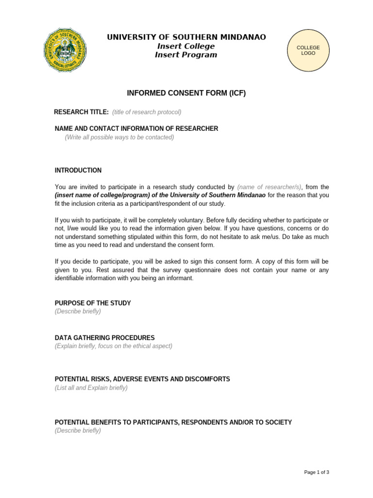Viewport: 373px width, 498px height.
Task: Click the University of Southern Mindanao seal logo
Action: [x=65, y=50]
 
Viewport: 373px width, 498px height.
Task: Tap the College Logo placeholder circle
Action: [x=308, y=50]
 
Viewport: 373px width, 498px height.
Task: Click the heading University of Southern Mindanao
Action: [x=186, y=37]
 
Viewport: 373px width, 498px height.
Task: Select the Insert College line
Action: [x=186, y=46]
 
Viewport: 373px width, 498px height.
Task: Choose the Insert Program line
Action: [x=186, y=55]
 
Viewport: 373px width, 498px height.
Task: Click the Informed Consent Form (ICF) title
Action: [x=186, y=93]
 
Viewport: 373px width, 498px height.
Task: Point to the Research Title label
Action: [x=81, y=112]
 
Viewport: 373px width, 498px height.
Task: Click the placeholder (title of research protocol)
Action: [x=147, y=112]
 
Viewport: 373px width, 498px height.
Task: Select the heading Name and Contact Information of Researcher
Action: [x=136, y=128]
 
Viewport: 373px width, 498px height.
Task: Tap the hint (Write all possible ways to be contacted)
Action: [x=119, y=137]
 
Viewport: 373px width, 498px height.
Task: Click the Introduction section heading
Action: [x=78, y=170]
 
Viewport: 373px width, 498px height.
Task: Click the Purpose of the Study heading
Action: [x=93, y=303]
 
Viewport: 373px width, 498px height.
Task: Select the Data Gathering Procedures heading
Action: [x=104, y=338]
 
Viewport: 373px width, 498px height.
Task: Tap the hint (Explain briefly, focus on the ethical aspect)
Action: [x=113, y=346]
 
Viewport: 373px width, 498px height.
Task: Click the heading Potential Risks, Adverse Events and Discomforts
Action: [x=142, y=379]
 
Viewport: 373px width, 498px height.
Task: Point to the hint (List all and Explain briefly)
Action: [x=91, y=388]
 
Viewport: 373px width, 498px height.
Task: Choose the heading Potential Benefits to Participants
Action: [x=173, y=422]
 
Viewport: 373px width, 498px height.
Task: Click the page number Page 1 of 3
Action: [x=316, y=472]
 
